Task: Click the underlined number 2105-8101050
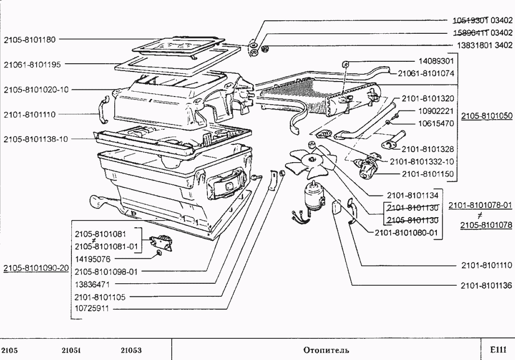pos(487,116)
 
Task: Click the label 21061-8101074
pos(425,74)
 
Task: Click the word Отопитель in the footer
pos(325,350)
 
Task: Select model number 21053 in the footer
pos(131,350)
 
